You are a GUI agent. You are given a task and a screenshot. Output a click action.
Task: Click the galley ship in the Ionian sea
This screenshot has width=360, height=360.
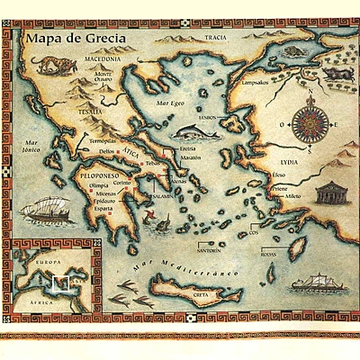(47, 213)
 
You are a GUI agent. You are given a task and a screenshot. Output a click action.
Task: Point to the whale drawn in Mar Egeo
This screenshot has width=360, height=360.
(187, 132)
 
